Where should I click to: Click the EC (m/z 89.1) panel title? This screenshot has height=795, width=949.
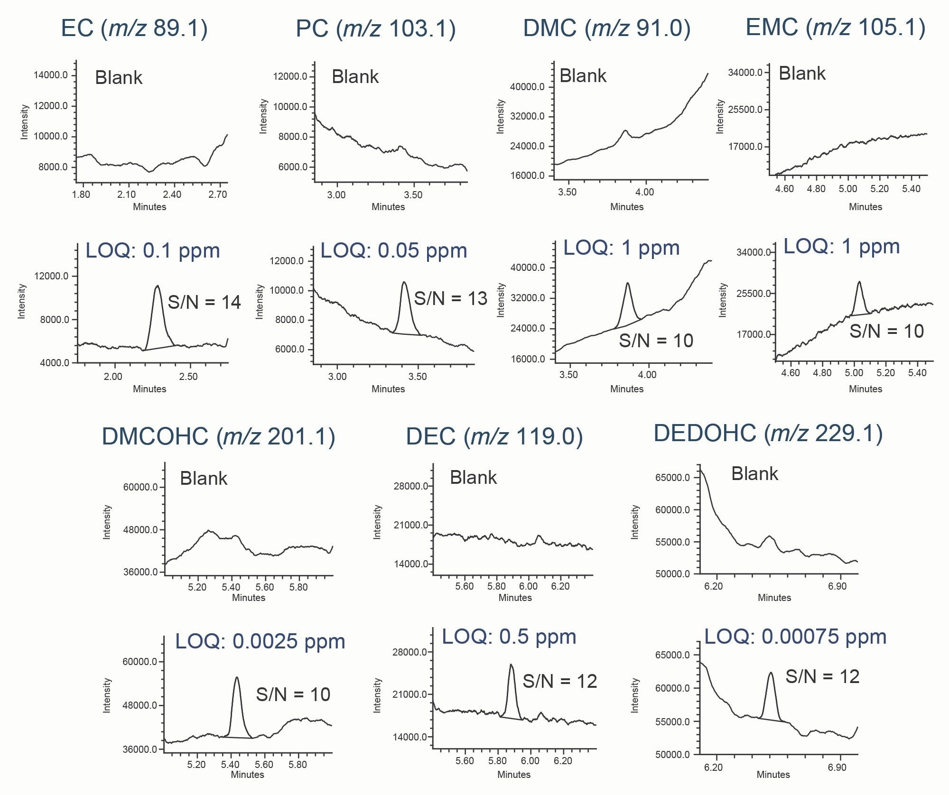tap(134, 28)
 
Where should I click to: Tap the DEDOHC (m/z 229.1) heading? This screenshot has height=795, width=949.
tap(768, 434)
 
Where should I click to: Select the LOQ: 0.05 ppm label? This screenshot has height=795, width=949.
tap(394, 251)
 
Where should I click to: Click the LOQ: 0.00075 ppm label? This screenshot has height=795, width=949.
tap(795, 637)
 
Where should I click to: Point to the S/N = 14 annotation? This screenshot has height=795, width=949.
tap(204, 302)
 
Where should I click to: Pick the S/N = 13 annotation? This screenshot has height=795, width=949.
tap(450, 299)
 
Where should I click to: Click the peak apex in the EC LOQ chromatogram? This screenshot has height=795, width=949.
tap(158, 286)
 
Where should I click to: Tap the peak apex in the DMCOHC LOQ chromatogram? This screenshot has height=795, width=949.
tap(237, 677)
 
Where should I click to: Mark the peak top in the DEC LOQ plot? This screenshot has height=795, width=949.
tap(511, 665)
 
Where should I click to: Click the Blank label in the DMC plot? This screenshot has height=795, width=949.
tap(583, 76)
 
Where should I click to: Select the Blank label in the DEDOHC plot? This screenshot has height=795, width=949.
tap(754, 474)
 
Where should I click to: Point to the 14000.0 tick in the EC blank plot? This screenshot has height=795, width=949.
tap(50, 75)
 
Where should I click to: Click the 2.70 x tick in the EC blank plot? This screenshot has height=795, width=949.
tap(217, 194)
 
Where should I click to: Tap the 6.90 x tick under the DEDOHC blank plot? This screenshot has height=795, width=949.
tap(837, 586)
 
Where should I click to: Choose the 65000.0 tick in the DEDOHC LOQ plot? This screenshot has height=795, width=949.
tap(672, 655)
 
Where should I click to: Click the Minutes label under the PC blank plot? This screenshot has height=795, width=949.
tap(388, 207)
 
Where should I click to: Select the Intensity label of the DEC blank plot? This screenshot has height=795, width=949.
tap(377, 522)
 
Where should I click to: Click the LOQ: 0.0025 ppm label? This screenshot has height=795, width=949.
tap(260, 641)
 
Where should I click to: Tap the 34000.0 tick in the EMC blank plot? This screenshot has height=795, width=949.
tap(745, 73)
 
